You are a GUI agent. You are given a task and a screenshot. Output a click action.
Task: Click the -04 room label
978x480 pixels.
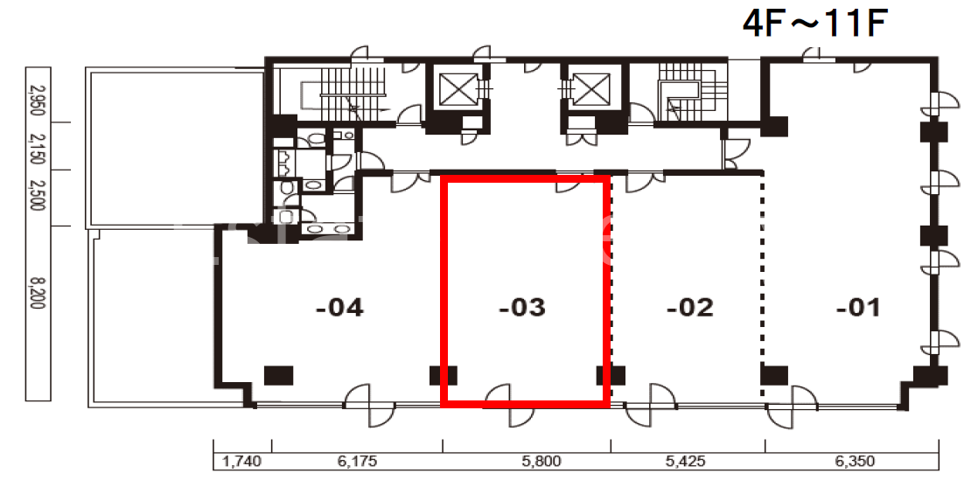(339, 308)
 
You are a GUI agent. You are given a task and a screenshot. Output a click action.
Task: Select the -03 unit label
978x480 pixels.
(522, 308)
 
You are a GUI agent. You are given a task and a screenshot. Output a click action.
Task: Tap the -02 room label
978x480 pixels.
(689, 308)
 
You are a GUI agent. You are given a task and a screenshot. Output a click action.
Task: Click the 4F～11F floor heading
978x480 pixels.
(814, 25)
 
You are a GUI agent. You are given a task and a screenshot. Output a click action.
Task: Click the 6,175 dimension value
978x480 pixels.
(357, 462)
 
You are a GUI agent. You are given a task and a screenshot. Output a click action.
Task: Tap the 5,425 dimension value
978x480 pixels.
(686, 462)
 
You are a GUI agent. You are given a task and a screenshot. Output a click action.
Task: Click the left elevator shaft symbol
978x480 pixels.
(458, 90)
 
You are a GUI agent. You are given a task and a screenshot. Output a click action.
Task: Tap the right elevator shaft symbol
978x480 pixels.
(590, 90)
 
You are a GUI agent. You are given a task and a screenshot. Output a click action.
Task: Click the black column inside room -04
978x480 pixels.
(278, 375)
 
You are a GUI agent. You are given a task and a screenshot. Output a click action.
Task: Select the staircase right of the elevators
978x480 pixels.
(693, 94)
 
